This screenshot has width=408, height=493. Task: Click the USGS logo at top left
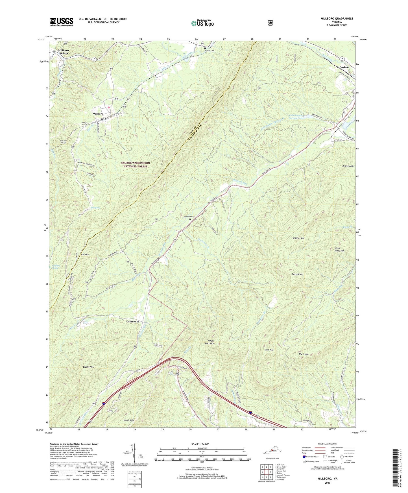62,22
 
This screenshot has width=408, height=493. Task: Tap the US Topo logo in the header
202,23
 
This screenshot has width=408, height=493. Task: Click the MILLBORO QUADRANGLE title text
335,19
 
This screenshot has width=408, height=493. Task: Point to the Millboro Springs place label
63,52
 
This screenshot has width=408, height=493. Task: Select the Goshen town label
344,67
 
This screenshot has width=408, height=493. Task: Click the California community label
132,322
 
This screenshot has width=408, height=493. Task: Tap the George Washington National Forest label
136,165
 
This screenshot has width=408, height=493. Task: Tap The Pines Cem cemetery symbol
190,219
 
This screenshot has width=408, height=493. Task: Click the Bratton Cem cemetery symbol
205,48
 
